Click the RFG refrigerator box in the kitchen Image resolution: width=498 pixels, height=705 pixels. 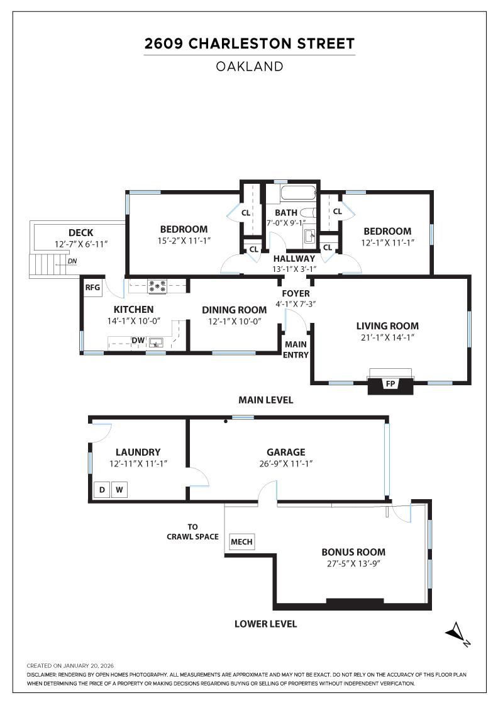[x=93, y=288]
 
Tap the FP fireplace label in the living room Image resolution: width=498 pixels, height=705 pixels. [x=390, y=383]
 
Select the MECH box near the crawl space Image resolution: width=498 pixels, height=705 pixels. [x=241, y=542]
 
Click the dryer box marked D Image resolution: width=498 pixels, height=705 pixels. [x=101, y=490]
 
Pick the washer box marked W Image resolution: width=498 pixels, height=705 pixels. [x=119, y=490]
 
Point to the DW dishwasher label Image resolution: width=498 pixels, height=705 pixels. [x=138, y=341]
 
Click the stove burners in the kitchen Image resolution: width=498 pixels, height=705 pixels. [x=157, y=286]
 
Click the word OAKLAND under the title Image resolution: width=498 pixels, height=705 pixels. [x=250, y=66]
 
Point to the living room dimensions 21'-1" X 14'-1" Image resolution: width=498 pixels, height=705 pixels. [x=387, y=338]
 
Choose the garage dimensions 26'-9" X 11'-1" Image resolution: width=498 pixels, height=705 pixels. [x=285, y=464]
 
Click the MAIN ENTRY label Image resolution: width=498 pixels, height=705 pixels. [x=296, y=349]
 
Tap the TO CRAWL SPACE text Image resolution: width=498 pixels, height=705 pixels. [x=192, y=532]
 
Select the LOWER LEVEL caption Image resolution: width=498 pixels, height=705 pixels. [x=265, y=624]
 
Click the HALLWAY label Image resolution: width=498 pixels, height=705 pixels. [x=294, y=258]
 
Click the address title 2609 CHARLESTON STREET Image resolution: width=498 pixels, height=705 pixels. [x=250, y=43]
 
